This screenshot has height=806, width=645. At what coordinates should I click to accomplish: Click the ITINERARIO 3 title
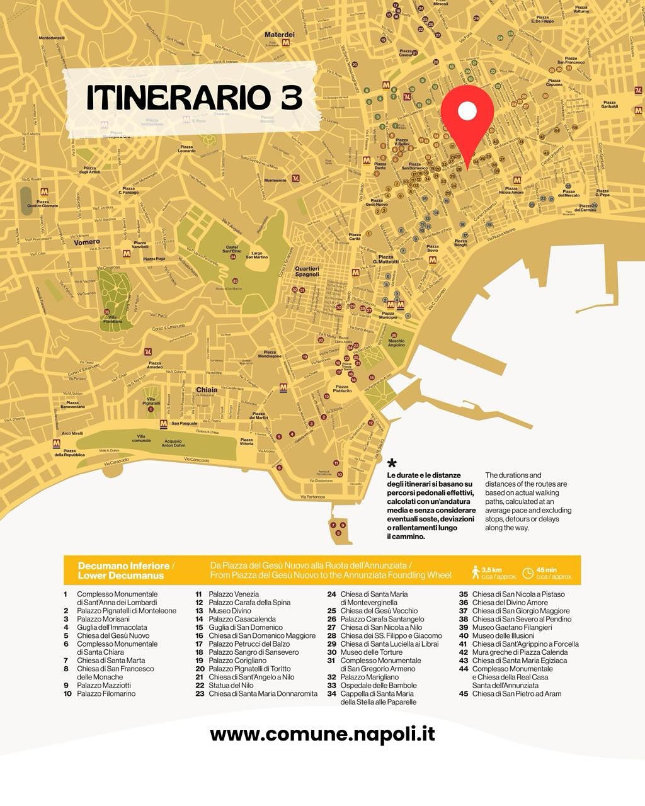tap(194, 98)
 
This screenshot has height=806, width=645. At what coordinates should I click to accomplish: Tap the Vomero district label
tap(86, 242)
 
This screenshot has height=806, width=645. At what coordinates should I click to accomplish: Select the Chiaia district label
tap(207, 390)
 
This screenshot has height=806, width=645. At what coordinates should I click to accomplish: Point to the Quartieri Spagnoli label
tap(307, 271)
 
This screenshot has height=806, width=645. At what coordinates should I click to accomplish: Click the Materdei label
tap(279, 35)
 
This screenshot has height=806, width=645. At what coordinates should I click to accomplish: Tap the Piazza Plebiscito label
tap(342, 389)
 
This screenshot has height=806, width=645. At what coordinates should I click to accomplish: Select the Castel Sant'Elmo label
tap(232, 249)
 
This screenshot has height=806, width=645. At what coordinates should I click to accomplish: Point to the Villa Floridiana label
tap(113, 319)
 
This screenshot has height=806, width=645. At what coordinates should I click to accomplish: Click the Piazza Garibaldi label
tap(609, 105)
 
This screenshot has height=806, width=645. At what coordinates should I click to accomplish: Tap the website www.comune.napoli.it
tap(322, 734)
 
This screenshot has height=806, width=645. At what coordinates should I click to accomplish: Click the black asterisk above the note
tap(392, 464)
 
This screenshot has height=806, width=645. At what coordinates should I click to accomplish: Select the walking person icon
tap(476, 572)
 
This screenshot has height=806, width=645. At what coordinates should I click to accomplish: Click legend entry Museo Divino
tap(230, 611)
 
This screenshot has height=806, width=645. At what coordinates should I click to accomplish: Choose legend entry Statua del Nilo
tap(231, 685)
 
